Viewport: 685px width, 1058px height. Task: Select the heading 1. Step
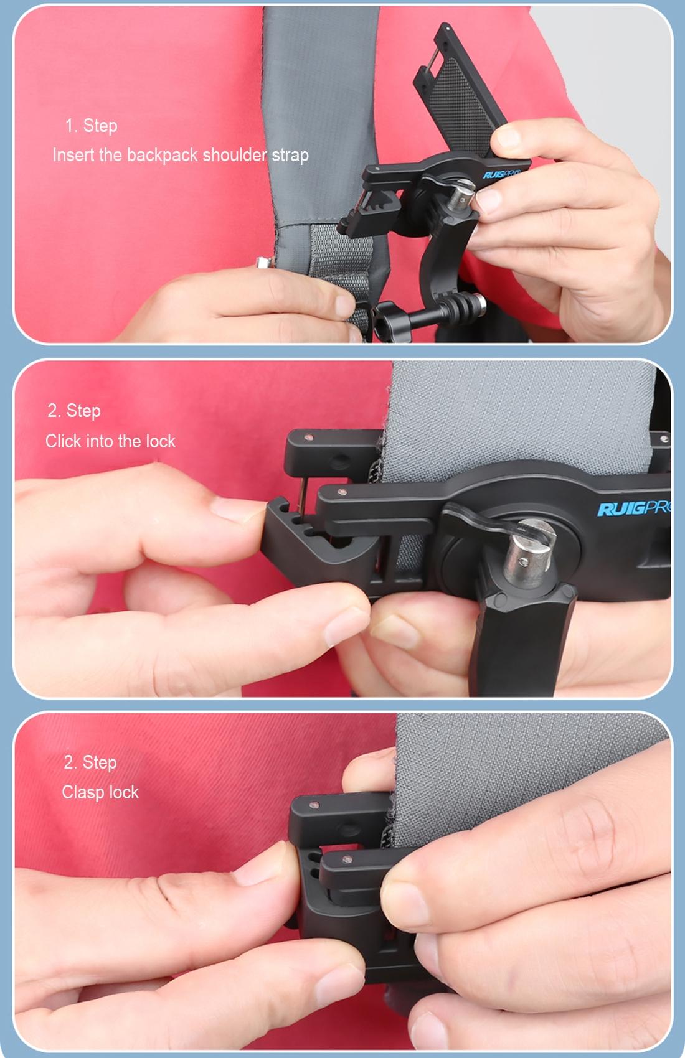point(91,126)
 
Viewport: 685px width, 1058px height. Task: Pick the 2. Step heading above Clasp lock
point(90,762)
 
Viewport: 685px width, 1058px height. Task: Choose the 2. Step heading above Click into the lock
point(74,411)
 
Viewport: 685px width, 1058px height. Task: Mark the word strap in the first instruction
point(290,155)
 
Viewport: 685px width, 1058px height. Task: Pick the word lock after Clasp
point(123,792)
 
